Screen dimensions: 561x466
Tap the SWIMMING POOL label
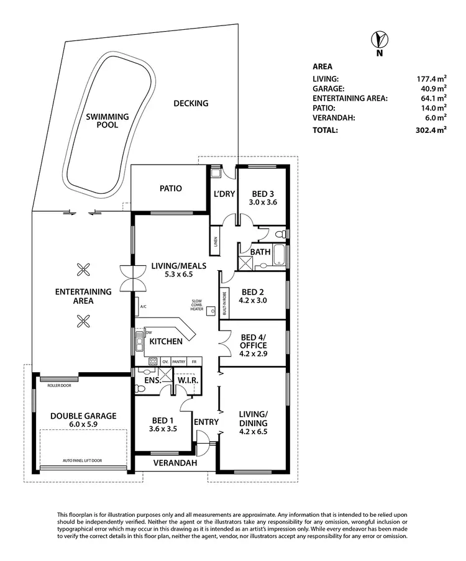[x=107, y=121]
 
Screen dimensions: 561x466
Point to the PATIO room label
[x=170, y=188]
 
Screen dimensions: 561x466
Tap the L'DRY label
[x=224, y=194]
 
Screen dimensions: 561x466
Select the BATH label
[x=260, y=252]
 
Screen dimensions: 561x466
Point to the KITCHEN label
[x=166, y=342]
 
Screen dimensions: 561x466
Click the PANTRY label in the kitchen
[x=179, y=361]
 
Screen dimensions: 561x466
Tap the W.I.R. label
[x=188, y=380]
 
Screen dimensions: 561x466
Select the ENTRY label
[x=206, y=422]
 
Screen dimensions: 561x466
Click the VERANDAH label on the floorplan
[x=175, y=463]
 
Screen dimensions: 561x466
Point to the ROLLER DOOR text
[x=60, y=385]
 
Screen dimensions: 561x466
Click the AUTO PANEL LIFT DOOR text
[x=83, y=461]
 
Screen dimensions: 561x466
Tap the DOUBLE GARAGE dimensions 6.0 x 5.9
[x=83, y=426]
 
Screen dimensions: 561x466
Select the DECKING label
[x=191, y=103]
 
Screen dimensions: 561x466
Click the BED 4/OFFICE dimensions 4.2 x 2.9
[x=254, y=355]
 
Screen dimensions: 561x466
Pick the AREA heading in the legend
[x=322, y=66]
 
